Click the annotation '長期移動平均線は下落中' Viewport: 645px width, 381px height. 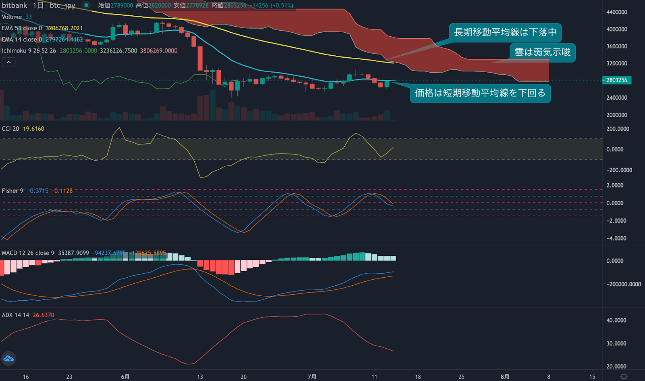(505, 32)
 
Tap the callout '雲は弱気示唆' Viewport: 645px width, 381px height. (543, 52)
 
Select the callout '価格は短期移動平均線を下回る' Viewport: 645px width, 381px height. (480, 93)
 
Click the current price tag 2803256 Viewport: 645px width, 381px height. (617, 80)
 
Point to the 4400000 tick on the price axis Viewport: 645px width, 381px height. (617, 12)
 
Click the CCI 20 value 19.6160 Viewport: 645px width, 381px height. (33, 129)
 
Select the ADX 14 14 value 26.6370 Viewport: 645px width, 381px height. (43, 315)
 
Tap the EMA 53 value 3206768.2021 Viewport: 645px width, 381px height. (64, 28)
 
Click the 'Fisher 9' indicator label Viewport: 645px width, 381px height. (12, 191)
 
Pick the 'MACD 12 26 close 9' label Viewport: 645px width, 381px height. (28, 253)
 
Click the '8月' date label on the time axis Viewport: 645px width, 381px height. (505, 377)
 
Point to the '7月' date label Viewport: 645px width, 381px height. (312, 377)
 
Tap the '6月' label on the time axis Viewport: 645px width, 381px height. (125, 377)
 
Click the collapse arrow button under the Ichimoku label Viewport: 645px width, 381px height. (8, 62)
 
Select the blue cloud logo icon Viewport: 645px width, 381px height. (8, 358)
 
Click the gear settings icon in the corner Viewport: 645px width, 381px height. (624, 377)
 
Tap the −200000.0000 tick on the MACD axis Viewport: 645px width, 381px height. (624, 284)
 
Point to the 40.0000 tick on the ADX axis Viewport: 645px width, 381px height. (616, 320)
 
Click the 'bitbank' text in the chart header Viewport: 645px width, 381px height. (15, 5)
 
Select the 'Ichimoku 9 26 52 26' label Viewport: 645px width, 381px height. (29, 51)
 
